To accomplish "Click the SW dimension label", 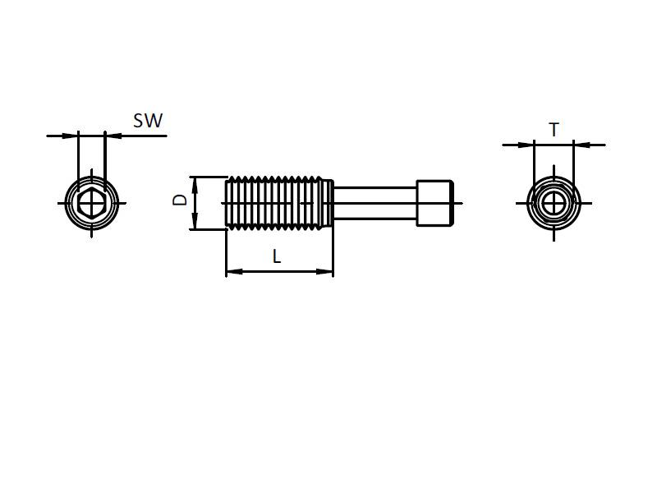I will coord(148,121).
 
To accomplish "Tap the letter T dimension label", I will coord(554,130).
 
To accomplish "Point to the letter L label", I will coord(277,256).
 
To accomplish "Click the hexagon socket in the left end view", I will coord(92,201).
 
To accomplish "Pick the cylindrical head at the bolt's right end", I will coord(435,202).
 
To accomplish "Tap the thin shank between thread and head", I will coord(374,202).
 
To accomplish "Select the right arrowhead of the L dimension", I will coord(328,271).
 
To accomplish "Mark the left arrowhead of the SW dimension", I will coord(71,136).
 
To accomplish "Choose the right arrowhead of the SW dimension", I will coord(112,136).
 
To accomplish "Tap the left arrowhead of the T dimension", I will coord(527,145).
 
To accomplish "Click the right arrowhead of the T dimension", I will coord(580,145).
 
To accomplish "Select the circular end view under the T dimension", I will coord(554,202).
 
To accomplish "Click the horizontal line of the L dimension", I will coord(279,271).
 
